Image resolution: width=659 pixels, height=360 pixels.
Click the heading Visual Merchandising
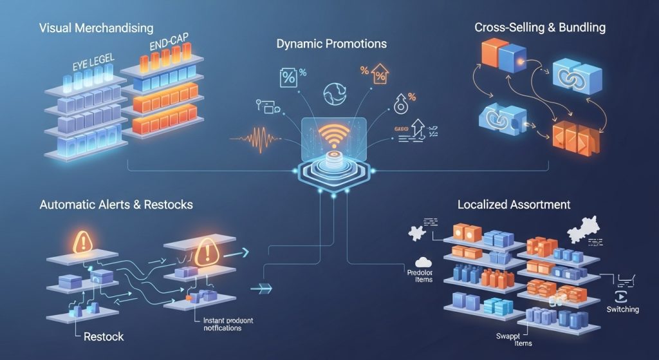(x=96, y=28)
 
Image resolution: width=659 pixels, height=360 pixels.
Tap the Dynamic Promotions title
(x=331, y=44)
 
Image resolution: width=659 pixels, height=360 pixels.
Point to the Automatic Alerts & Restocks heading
(x=116, y=205)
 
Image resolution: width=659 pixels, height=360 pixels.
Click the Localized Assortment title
(x=514, y=205)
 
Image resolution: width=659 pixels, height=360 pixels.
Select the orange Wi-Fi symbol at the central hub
(x=334, y=131)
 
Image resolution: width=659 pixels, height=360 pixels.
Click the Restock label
(x=103, y=336)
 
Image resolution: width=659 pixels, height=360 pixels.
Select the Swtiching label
(x=622, y=310)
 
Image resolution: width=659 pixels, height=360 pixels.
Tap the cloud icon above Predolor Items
(x=422, y=261)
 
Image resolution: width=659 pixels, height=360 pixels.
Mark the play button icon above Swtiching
(x=622, y=296)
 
